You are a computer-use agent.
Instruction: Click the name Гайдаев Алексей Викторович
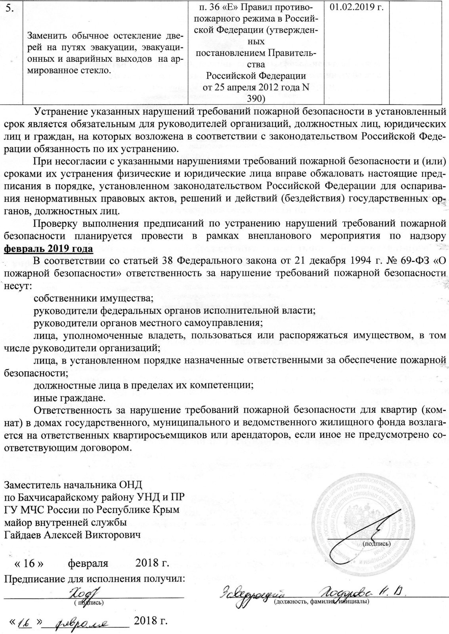click(x=73, y=535)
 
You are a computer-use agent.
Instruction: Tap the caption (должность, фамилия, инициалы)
click(x=321, y=602)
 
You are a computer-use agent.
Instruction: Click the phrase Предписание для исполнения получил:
click(x=94, y=579)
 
